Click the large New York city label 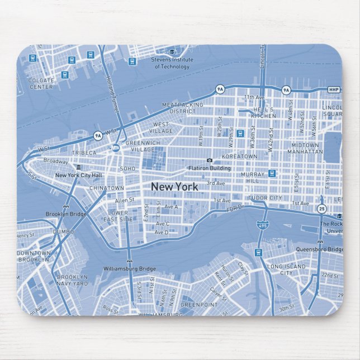(x=174, y=186)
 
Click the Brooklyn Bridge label (x=65, y=214)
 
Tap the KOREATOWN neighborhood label (x=239, y=157)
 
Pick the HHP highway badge (x=334, y=89)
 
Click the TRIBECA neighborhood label (x=84, y=153)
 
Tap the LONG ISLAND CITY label (x=287, y=269)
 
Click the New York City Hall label (x=78, y=175)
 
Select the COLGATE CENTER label (x=41, y=84)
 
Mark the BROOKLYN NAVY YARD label (x=73, y=280)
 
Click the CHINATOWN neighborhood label (x=107, y=188)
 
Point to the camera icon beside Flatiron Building (x=209, y=160)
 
